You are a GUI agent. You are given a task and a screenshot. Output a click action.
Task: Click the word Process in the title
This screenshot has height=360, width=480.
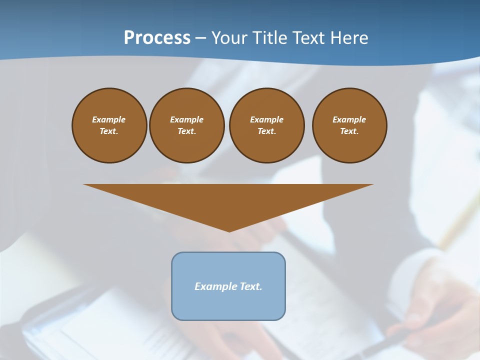tap(157, 37)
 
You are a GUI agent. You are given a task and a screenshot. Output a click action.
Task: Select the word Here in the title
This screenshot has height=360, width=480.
tap(348, 37)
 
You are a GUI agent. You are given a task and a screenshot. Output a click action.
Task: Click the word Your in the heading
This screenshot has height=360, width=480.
tap(230, 37)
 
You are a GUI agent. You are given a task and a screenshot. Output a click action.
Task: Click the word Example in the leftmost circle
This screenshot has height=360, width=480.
tap(109, 119)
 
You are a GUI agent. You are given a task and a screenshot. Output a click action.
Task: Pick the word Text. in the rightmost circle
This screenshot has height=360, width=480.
tap(349, 131)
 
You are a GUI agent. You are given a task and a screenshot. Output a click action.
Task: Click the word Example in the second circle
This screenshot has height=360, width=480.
tap(187, 119)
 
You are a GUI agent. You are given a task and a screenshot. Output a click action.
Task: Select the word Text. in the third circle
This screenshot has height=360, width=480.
tap(267, 131)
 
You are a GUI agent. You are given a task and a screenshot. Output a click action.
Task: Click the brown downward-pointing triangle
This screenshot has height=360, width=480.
tap(228, 200)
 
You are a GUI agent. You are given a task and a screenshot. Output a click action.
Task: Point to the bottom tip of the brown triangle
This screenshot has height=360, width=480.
tap(229, 230)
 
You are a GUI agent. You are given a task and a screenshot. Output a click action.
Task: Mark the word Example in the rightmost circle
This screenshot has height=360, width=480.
tap(349, 119)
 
